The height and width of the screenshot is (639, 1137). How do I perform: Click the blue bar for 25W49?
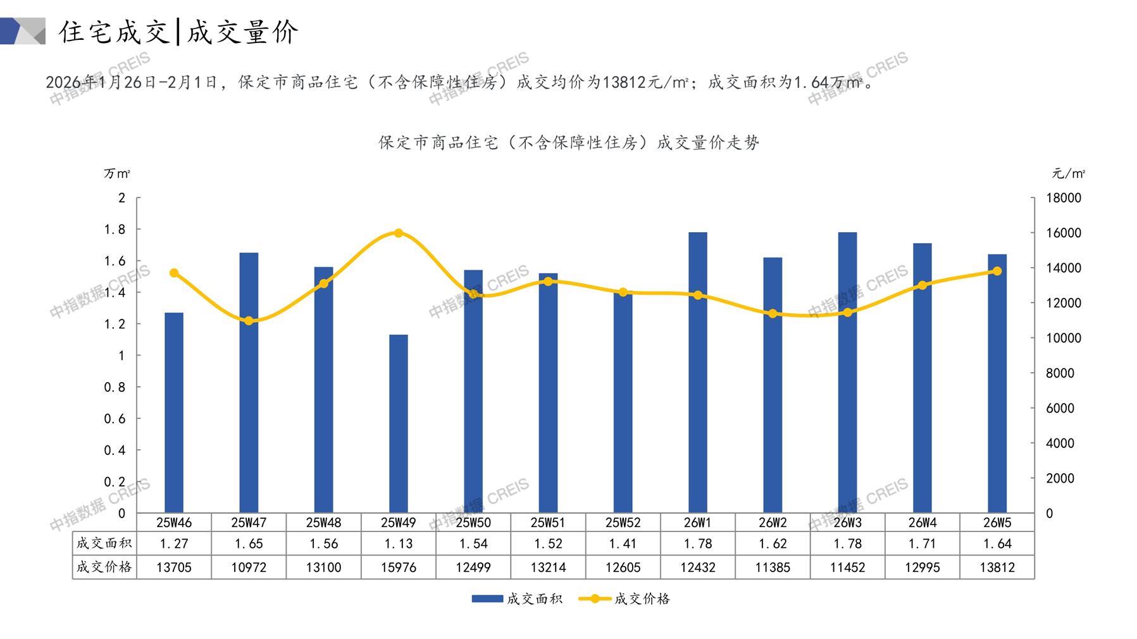399,423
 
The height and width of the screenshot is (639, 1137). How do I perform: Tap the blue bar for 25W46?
174,413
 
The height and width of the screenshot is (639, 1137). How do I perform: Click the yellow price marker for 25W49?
399,233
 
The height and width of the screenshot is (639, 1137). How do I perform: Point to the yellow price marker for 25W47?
249,321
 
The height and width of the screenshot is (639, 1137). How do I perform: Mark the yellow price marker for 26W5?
997,271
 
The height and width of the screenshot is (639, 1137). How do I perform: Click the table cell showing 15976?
399,568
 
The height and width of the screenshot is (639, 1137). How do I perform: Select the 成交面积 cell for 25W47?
249,543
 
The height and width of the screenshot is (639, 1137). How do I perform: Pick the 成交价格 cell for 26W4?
922,568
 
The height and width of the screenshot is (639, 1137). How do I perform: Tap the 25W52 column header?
623,523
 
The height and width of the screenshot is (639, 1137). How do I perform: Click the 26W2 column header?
773,523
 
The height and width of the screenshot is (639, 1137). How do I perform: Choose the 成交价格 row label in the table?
104,568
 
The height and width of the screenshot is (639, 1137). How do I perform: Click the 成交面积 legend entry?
518,599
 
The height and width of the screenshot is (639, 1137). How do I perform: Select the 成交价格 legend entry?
625,599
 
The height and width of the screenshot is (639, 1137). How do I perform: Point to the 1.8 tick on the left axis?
115,229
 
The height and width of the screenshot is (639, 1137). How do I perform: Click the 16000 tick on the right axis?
1064,233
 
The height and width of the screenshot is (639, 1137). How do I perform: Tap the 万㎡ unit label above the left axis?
117,173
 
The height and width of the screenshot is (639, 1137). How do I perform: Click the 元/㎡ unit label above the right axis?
1069,173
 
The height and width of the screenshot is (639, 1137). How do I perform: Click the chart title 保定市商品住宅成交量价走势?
569,142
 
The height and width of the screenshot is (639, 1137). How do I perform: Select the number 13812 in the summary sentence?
621,82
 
